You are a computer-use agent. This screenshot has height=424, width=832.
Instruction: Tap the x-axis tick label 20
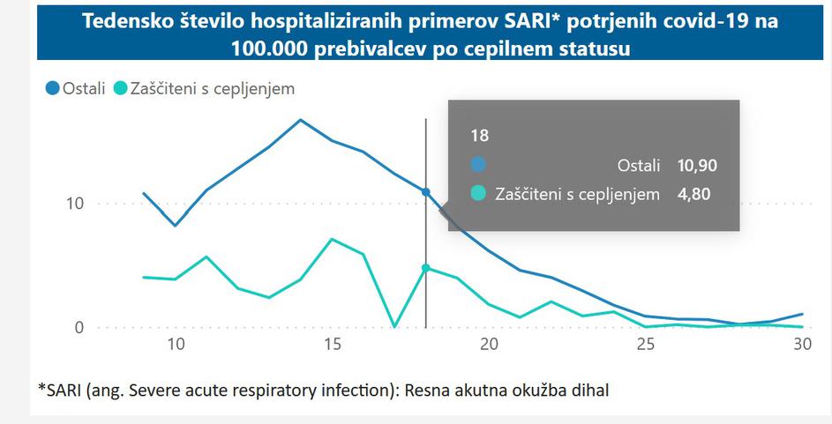[x=488, y=346]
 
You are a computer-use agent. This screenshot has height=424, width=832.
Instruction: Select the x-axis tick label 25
[x=645, y=346]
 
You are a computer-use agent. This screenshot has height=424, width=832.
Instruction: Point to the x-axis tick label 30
[x=801, y=346]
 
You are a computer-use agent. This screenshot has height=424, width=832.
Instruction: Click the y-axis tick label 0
[x=78, y=328]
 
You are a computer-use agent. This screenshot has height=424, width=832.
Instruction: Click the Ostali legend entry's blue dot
[x=52, y=88]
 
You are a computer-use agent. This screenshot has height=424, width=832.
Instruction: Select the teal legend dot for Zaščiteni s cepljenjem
[x=120, y=88]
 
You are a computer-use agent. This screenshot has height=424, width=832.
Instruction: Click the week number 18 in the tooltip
[x=479, y=136]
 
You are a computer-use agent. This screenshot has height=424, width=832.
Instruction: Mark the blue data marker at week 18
[x=425, y=191]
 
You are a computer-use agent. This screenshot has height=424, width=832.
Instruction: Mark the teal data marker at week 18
[x=425, y=268]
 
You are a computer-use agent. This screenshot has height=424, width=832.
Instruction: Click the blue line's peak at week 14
[x=300, y=120]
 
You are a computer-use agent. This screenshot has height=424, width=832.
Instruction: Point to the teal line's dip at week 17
[x=394, y=326]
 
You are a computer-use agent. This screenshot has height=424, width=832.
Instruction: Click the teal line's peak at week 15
[x=331, y=239]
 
